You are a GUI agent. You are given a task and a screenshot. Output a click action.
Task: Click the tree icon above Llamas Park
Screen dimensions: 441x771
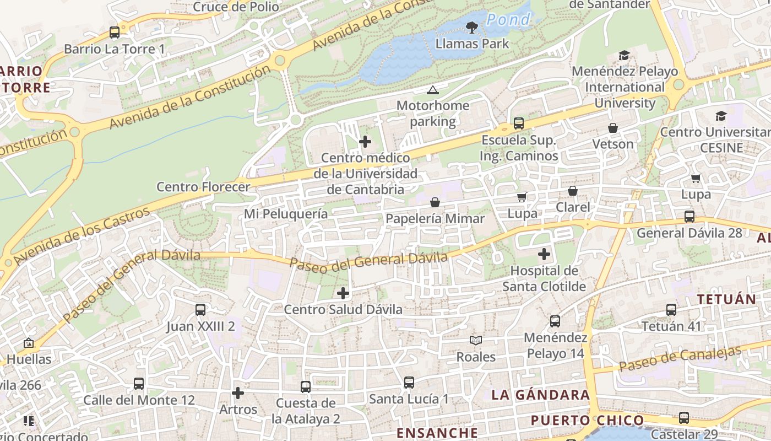(471, 27)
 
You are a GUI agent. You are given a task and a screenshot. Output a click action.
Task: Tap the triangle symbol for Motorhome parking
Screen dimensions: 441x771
(433, 90)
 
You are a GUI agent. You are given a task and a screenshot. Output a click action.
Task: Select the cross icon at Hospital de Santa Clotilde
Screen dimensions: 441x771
(544, 254)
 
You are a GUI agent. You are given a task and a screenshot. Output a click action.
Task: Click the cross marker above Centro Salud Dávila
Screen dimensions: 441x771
(343, 293)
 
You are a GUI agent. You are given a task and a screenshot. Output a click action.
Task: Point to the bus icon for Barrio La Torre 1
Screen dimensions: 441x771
(115, 33)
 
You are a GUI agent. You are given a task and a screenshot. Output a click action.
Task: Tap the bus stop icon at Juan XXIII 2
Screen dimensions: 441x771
(200, 310)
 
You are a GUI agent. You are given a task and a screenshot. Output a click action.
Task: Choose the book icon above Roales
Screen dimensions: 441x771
(476, 341)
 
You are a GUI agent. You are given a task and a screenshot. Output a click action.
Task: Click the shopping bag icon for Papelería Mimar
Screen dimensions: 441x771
(435, 202)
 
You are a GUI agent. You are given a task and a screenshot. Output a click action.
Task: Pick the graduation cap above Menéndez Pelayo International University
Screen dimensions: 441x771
(624, 55)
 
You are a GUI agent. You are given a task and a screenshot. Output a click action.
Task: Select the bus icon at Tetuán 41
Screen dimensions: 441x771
(671, 310)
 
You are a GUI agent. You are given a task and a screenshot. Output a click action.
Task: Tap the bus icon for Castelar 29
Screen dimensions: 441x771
(684, 418)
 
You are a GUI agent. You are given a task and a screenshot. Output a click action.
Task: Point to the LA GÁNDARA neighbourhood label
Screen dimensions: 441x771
(540, 395)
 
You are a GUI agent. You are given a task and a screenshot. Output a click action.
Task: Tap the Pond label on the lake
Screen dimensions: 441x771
(508, 20)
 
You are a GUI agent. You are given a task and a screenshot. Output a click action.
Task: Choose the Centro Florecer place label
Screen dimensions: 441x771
(203, 187)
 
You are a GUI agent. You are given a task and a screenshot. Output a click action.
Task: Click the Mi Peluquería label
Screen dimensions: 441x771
(286, 214)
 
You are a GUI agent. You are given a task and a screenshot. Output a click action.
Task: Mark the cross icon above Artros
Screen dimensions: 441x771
(238, 393)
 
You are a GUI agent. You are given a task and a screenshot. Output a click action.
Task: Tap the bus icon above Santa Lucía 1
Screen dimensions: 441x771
(409, 383)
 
